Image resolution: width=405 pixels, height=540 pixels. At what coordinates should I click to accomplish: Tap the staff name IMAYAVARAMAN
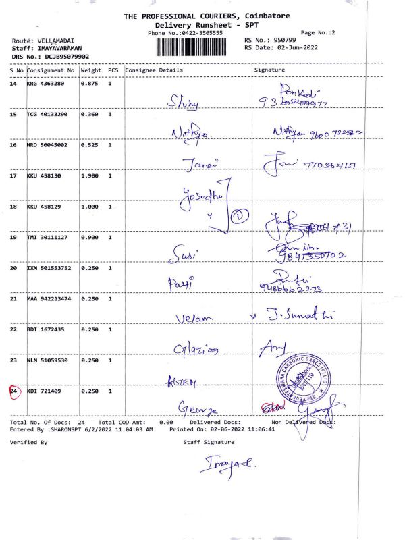point(61,49)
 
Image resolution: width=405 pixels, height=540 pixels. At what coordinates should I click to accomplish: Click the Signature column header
point(269,70)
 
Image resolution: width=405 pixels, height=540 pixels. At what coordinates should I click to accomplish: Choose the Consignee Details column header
point(154,70)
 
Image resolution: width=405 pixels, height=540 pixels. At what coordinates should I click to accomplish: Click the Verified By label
point(28,442)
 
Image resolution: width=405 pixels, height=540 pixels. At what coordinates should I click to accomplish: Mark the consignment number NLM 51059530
point(49,360)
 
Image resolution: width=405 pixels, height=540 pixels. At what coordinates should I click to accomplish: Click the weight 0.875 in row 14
point(91,84)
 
